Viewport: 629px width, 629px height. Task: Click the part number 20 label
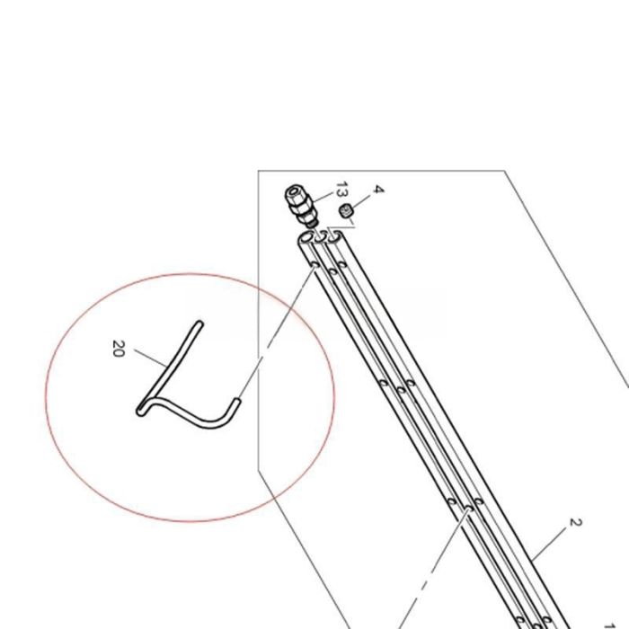click(x=119, y=348)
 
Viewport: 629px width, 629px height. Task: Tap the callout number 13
click(x=341, y=190)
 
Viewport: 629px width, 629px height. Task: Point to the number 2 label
click(x=576, y=522)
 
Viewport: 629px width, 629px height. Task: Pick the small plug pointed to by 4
click(x=345, y=212)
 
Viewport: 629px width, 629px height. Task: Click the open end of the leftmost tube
click(x=306, y=239)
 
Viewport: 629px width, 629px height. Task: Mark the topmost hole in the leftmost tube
click(x=314, y=265)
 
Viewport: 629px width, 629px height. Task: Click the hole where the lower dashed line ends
click(x=468, y=509)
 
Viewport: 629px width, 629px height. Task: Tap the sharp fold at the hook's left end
click(x=140, y=412)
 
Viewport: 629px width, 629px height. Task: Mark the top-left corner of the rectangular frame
click(x=259, y=171)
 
